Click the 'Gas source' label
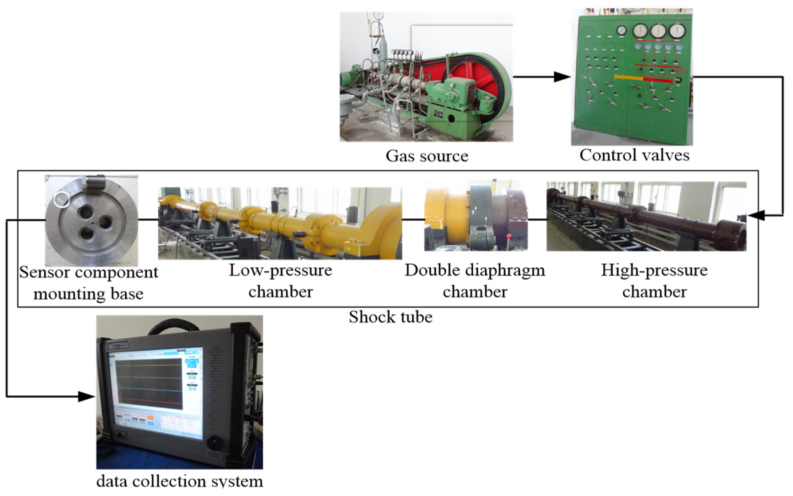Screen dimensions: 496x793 coord(427,156)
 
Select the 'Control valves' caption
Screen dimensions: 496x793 coord(634,155)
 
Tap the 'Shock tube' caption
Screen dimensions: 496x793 coord(390,317)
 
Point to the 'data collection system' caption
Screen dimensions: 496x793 coord(180,481)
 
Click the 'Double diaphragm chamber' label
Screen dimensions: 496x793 coord(475,281)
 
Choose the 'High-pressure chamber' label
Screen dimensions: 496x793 coord(654,281)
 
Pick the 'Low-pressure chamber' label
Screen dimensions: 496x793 coord(280,281)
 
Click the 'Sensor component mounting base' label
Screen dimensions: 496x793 coord(88,282)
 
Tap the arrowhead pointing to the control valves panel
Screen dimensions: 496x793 coord(562,77)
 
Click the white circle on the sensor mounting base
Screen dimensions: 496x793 coord(62,199)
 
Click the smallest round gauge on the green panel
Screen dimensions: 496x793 coord(621,30)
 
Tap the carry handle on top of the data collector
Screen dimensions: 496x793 coord(174,325)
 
